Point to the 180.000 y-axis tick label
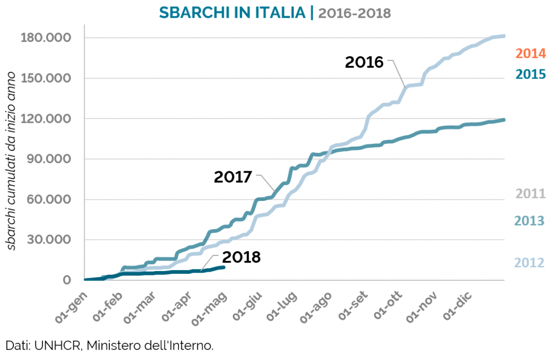(45, 38)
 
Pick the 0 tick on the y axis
(67, 280)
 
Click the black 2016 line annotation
(364, 62)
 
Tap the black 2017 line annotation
(233, 176)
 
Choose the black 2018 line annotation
(241, 257)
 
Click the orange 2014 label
(531, 53)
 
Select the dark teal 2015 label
(531, 74)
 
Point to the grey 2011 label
(531, 193)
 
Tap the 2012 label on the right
(531, 262)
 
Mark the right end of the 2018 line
(223, 267)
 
